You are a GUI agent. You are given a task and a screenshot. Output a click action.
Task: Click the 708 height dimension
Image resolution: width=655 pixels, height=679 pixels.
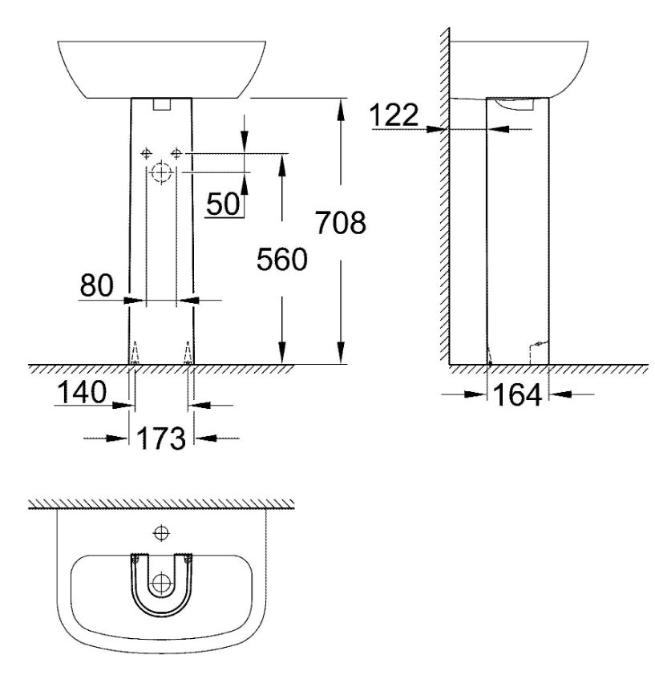[x=341, y=223]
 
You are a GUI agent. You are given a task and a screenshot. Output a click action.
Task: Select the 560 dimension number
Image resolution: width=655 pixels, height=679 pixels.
[x=282, y=260]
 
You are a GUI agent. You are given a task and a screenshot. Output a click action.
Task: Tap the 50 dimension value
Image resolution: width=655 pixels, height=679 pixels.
[x=223, y=204]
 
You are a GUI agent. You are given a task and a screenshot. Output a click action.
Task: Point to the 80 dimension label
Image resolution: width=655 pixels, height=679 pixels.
[x=96, y=285]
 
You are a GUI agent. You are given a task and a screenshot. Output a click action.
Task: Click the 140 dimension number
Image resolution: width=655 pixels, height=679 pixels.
[x=82, y=392]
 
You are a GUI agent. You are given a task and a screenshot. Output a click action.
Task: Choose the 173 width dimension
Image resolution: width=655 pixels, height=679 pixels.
[x=161, y=438]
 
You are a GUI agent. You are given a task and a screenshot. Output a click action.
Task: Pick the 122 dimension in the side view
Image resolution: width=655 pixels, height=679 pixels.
[x=394, y=115]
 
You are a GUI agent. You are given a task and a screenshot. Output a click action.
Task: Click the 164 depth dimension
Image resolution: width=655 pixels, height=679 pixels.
[x=517, y=394]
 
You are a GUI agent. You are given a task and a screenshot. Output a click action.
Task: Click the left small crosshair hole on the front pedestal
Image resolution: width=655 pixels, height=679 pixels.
[x=147, y=153]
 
